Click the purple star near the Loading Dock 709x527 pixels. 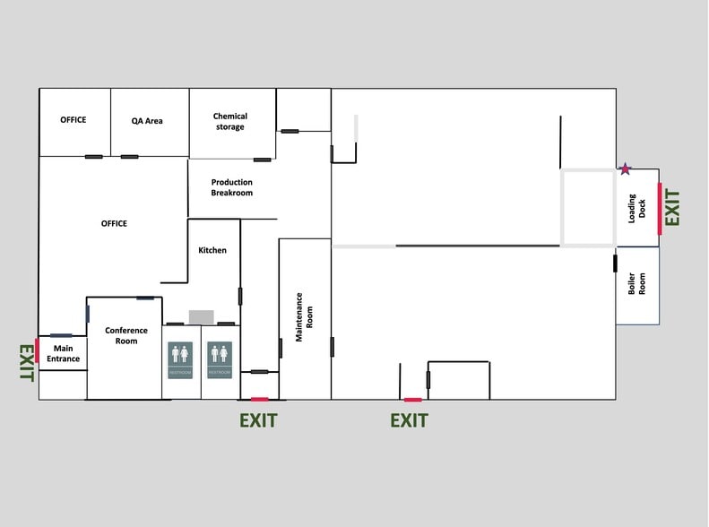626,168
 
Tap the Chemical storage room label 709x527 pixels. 229,121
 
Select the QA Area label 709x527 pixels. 147,121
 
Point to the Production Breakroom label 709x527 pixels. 232,187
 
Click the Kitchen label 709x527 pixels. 212,250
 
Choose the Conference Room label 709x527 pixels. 126,335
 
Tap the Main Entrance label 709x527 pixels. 64,353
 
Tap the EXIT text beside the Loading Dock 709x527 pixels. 673,208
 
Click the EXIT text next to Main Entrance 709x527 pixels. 26,363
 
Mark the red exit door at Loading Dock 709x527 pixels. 660,208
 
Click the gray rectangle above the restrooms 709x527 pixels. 202,316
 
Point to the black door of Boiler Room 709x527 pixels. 615,263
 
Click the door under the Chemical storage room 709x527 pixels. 262,160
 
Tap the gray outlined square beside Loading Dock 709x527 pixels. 588,207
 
